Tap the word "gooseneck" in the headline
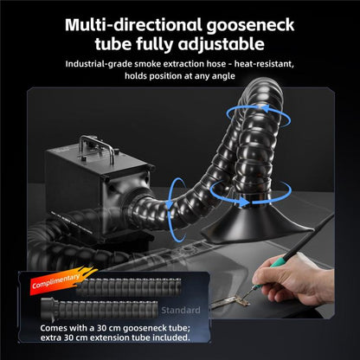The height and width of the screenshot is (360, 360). [x=250, y=26]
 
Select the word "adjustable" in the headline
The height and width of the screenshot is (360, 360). [x=221, y=45]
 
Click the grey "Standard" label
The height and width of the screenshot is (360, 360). [x=181, y=311]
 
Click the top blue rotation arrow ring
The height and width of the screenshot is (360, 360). [x=259, y=116]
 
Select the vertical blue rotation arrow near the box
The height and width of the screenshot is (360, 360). [x=176, y=209]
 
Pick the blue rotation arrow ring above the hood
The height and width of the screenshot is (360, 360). [x=250, y=193]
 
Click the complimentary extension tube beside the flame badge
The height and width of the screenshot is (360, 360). [x=129, y=286]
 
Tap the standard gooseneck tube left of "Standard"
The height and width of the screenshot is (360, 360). [x=100, y=309]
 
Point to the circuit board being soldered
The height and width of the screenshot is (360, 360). [x=231, y=302]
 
